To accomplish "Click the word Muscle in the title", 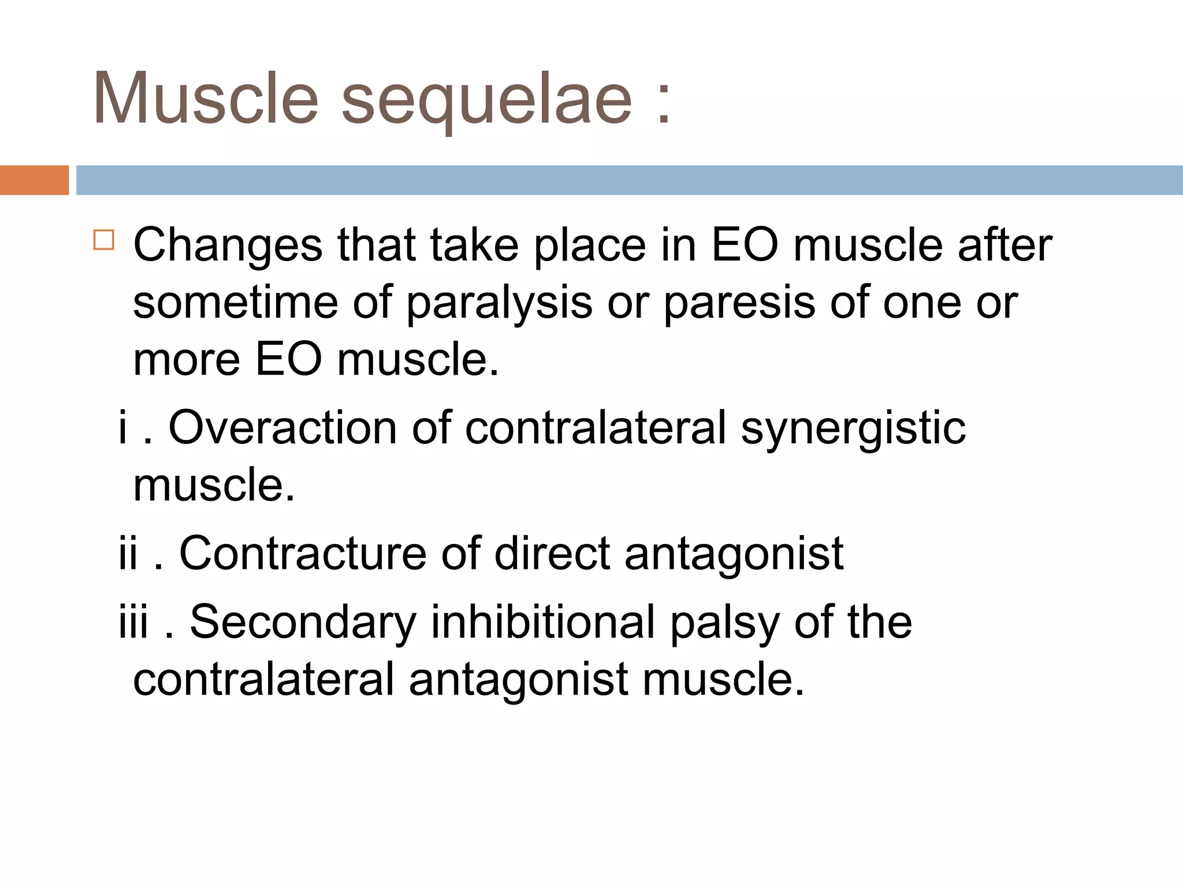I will (x=205, y=98).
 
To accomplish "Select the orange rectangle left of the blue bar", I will (x=34, y=180).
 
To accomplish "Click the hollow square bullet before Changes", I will (x=104, y=240).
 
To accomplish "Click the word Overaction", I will (x=282, y=428).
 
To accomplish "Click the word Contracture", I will (x=303, y=554).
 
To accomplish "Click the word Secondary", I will (x=303, y=623).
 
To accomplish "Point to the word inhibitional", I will (x=543, y=623).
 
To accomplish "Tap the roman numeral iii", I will (x=133, y=621).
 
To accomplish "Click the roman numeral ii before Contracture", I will (x=128, y=553).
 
